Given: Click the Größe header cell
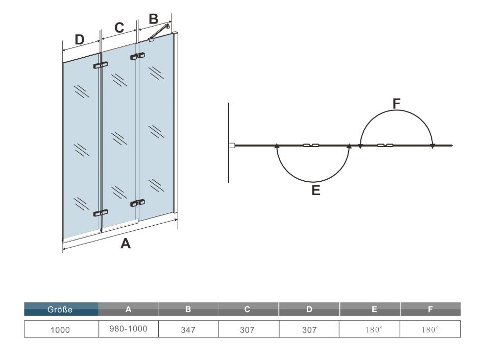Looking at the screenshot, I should (x=61, y=309).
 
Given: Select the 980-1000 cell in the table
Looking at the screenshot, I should (x=129, y=329).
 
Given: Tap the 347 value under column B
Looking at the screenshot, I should (x=188, y=330).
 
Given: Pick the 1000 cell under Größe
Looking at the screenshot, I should (x=61, y=330).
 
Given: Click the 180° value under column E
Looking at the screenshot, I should (x=370, y=330).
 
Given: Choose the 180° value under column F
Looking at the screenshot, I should (x=430, y=330).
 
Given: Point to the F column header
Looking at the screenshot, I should (x=430, y=309).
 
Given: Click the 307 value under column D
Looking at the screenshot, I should (x=309, y=330).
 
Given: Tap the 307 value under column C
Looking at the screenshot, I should (x=249, y=330).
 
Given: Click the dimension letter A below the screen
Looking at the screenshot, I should (x=125, y=244).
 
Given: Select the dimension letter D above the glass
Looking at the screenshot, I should (x=80, y=39).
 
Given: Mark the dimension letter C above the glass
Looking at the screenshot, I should (x=119, y=29).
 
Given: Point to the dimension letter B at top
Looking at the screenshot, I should (x=153, y=19).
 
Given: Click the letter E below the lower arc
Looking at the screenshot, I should (x=315, y=190).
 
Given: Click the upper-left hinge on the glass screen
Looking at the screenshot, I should (x=101, y=65).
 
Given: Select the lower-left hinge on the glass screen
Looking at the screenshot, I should (x=101, y=212).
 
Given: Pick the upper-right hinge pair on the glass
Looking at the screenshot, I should (x=138, y=56).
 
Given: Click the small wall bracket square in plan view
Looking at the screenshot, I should (x=232, y=146).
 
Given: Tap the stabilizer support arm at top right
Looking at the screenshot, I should (x=160, y=32).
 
